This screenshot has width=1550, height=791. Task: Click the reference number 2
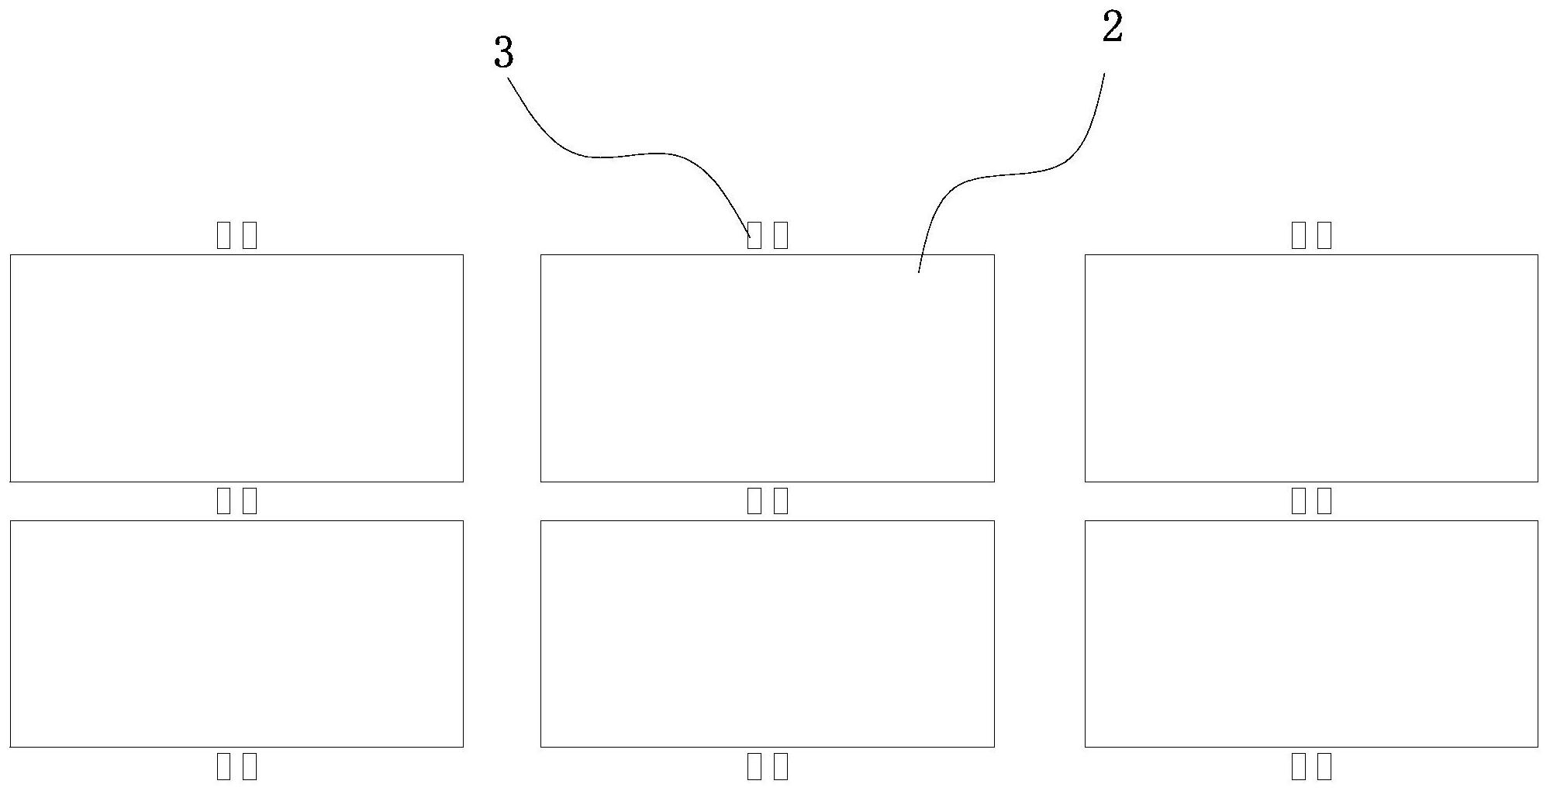coord(1112,29)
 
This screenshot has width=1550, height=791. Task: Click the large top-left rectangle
coord(236,368)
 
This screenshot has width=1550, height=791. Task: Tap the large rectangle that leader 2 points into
coord(767,368)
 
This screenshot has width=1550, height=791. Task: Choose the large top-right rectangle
coord(1310,368)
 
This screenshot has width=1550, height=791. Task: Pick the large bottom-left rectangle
coord(236,634)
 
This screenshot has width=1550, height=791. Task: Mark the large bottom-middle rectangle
coord(767,634)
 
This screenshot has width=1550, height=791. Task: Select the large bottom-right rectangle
coord(1310,634)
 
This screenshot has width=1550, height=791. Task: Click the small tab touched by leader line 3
coord(754,235)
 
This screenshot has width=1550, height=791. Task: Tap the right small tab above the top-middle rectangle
coord(780,235)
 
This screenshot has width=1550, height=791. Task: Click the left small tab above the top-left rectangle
coord(223,235)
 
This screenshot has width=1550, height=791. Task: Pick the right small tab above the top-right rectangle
coord(1324,235)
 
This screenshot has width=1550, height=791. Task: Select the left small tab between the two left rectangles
coord(223,501)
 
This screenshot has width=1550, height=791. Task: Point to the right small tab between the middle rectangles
coord(780,501)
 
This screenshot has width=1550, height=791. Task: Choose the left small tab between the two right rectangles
coord(1298,501)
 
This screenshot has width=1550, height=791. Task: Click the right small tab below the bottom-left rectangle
coord(250,767)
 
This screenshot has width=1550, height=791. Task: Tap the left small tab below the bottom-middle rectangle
coord(754,767)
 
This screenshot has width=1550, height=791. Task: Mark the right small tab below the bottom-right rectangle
coord(1324,767)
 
